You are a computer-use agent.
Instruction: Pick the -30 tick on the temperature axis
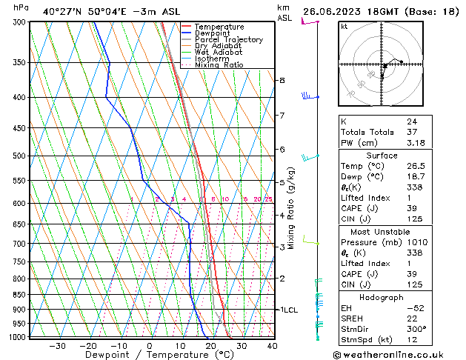point(57,345)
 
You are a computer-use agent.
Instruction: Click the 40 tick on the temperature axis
point(272,345)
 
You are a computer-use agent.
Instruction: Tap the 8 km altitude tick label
point(282,80)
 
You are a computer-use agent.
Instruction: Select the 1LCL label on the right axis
point(287,310)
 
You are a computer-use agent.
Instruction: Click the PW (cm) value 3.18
point(416,143)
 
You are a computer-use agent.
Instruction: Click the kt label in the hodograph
point(344,27)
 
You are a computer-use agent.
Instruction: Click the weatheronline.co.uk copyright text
point(399,354)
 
